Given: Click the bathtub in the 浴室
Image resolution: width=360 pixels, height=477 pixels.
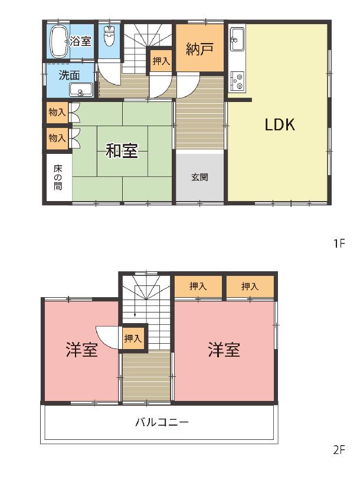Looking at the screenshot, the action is pos(60,41).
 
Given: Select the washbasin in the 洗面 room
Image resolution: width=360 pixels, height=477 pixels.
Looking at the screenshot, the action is pos(80,90).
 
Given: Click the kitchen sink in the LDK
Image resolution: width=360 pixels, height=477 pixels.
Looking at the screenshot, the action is pos(237,39).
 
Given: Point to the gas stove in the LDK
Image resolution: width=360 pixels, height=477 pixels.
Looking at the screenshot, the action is pos(237,81).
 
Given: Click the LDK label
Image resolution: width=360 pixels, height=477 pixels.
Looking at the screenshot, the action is pos(280,124).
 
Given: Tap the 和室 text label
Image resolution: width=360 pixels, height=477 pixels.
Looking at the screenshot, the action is pos(122,150).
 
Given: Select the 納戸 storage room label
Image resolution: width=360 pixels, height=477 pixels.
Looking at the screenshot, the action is pos(199,49).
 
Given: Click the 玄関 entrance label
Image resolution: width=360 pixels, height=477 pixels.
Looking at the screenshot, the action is pos(200,177).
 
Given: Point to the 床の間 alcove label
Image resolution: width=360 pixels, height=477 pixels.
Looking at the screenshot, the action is pos(58,177).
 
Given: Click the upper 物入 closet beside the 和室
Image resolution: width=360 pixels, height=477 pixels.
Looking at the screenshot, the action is pos(57,113).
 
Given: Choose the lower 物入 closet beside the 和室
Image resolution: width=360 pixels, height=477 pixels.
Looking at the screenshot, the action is pos(57,139).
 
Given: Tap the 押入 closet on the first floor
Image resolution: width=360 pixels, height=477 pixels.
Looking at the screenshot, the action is pos(161,61).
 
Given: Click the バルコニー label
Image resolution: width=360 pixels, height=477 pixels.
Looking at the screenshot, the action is pos(162,422).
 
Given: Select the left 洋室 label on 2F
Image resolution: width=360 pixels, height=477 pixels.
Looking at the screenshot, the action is pos(82,350).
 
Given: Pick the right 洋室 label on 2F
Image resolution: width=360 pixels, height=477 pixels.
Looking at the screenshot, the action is pos(224,350).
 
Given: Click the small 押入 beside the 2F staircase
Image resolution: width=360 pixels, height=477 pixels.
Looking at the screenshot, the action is pos(133,338).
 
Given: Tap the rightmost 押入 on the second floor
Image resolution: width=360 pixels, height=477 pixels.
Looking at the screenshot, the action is pos(250,286).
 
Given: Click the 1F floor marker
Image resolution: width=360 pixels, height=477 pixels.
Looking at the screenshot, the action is pos(339,244).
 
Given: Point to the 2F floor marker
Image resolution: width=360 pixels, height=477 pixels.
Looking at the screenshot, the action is pos(339,450).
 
